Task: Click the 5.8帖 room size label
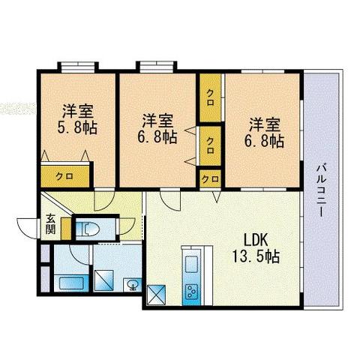tap(77, 128)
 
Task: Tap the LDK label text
tap(256, 240)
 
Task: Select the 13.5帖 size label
tap(256, 256)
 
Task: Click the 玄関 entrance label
tap(50, 223)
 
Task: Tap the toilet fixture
tap(88, 229)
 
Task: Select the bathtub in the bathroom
tap(71, 283)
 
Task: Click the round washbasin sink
tap(132, 285)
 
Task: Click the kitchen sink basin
tap(191, 265)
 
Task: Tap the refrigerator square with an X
tap(157, 295)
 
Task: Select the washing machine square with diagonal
tap(104, 280)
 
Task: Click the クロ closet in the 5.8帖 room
tap(65, 176)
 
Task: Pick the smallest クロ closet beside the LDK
tap(211, 178)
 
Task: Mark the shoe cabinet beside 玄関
tap(67, 229)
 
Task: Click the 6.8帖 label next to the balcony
tap(264, 141)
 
